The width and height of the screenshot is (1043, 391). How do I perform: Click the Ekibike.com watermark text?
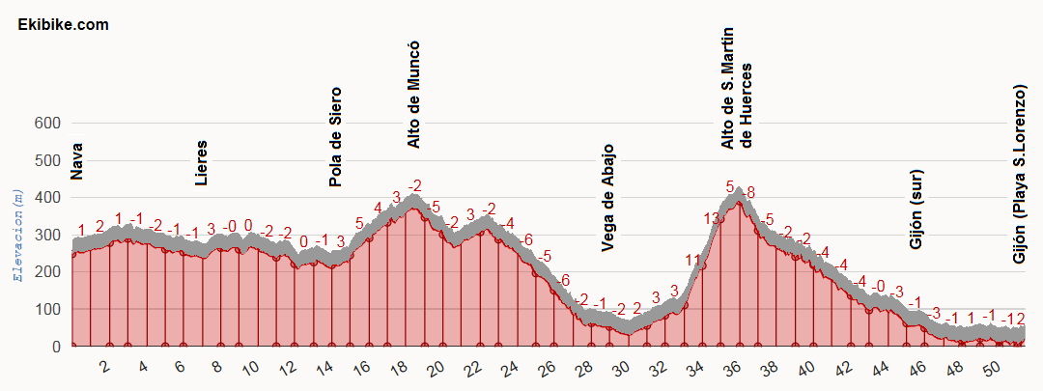tap(63, 25)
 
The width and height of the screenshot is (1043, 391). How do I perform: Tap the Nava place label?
tap(77, 161)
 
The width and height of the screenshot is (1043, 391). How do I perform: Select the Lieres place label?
tap(201, 162)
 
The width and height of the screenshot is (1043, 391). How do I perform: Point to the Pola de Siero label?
tap(336, 137)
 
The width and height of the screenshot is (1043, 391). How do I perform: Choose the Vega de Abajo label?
tap(607, 198)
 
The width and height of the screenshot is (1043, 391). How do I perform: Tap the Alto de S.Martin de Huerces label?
tap(736, 88)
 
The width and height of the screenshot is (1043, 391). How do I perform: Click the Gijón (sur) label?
tap(916, 209)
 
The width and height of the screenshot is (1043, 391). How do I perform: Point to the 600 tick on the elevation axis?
tap(46, 124)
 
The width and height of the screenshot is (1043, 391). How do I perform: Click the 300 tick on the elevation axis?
tap(46, 236)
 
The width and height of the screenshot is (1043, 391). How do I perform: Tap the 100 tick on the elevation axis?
tap(46, 310)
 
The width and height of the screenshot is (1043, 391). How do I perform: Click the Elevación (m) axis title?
tap(16, 235)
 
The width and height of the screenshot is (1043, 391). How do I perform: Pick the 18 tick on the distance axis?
tap(399, 369)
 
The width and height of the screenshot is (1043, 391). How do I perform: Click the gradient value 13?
tap(713, 219)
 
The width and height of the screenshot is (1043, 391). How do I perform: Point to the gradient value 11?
tap(693, 260)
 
